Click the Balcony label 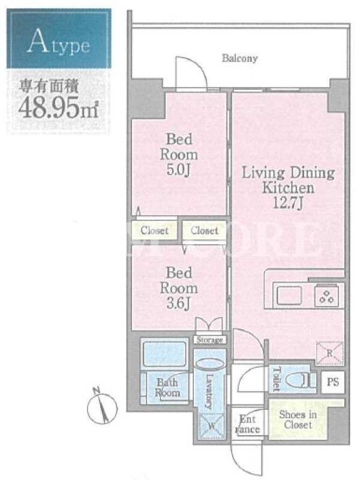pyautogui.click(x=239, y=58)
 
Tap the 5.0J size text pyautogui.click(x=179, y=170)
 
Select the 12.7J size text pyautogui.click(x=288, y=203)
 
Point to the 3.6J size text pyautogui.click(x=179, y=304)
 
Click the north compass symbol pyautogui.click(x=102, y=406)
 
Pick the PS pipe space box pyautogui.click(x=333, y=382)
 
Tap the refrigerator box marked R pyautogui.click(x=329, y=353)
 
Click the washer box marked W pyautogui.click(x=212, y=426)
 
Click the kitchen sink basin pyautogui.click(x=289, y=296)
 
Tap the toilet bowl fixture pyautogui.click(x=298, y=380)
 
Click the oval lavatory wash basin pyautogui.click(x=209, y=365)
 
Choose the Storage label pyautogui.click(x=209, y=340)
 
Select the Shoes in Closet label pyautogui.click(x=298, y=419)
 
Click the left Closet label pyautogui.click(x=155, y=230)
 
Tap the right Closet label pyautogui.click(x=205, y=230)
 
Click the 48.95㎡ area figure pyautogui.click(x=58, y=109)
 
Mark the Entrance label pyautogui.click(x=247, y=424)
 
